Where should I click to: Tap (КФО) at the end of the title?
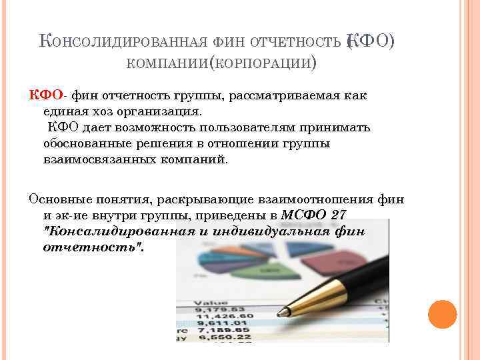(x=371, y=42)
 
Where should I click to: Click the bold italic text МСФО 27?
(x=313, y=215)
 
